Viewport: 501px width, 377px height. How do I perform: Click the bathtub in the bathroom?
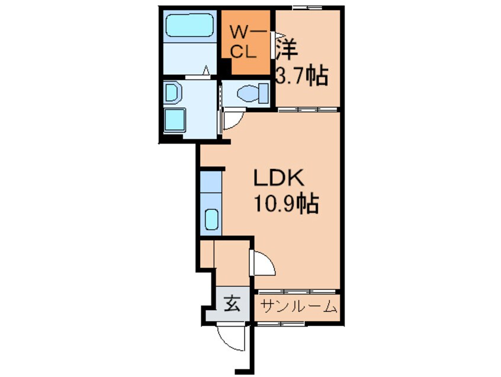click(190, 25)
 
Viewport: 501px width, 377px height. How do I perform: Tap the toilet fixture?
click(253, 93)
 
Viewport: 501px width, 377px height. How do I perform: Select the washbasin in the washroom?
click(172, 92)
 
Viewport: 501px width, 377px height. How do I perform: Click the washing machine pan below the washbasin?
click(175, 120)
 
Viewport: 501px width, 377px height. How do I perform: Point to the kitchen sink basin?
click(211, 219)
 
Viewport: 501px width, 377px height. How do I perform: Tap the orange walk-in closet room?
click(246, 43)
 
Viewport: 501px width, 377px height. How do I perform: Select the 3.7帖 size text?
click(301, 75)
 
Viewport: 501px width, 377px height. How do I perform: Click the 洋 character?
click(287, 50)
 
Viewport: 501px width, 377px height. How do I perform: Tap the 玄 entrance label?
click(232, 303)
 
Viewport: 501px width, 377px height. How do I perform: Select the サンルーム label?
click(298, 307)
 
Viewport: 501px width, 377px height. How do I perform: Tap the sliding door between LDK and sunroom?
click(297, 292)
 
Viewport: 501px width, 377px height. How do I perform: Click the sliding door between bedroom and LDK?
click(307, 110)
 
